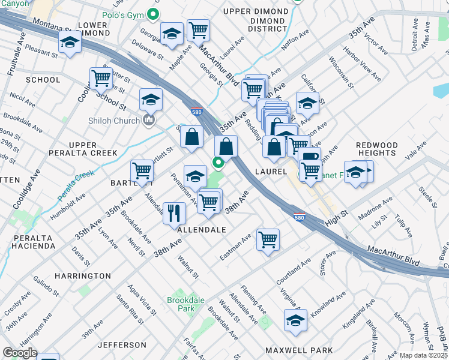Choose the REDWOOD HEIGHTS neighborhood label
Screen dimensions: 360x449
pos(376,149)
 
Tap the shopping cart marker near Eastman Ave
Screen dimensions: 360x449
pos(268,239)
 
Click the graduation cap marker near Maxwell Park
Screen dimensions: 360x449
pos(296,320)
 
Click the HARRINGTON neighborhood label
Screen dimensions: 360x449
pos(83,276)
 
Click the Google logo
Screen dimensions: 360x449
pos(20,352)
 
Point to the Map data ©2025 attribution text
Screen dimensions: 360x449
pos(424,355)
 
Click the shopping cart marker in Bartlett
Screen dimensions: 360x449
pos(142,170)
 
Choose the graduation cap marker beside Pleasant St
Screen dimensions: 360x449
pos(70,43)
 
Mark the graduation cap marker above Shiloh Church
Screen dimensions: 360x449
pos(151,98)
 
